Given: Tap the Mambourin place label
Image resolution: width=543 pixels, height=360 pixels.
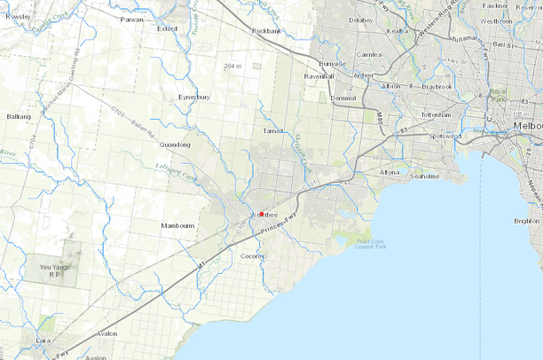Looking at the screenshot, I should (x=177, y=226).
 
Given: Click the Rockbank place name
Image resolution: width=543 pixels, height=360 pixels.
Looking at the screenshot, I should (x=266, y=31).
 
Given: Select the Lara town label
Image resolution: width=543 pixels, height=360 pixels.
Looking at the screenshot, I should (x=43, y=340).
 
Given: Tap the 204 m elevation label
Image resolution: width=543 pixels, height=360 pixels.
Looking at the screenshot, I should (x=233, y=66).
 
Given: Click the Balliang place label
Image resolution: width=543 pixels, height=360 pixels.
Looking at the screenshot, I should (x=19, y=116).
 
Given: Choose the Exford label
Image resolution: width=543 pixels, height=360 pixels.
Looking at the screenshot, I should (x=167, y=27).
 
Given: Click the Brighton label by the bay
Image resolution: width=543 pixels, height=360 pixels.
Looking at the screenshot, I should (x=526, y=221).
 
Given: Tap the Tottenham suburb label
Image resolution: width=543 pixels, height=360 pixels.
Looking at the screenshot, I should (x=436, y=115).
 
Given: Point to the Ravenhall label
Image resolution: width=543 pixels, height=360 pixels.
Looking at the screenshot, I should (x=318, y=76).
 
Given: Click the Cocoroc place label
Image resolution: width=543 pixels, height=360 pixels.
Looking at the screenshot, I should (x=255, y=256).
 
